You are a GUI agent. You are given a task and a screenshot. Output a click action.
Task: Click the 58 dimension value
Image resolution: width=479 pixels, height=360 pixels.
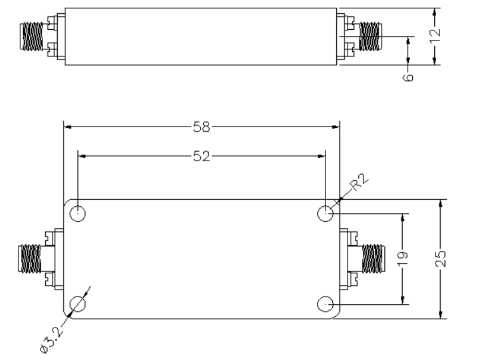pyautogui.click(x=202, y=127)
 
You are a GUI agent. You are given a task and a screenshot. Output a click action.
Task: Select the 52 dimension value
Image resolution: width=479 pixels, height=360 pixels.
pyautogui.click(x=202, y=156)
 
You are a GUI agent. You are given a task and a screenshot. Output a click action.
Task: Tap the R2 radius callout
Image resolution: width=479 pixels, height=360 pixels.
pyautogui.click(x=359, y=182)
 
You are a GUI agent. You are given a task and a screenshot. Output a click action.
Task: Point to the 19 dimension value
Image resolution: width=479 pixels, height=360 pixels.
pyautogui.click(x=403, y=259)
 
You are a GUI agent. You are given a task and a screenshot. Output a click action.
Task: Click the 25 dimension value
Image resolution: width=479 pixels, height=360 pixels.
pyautogui.click(x=441, y=259)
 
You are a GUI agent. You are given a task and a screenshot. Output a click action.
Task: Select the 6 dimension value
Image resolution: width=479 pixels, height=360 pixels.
pyautogui.click(x=408, y=77)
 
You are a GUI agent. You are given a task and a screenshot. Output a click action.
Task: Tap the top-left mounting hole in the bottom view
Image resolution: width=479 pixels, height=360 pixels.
pyautogui.click(x=78, y=214)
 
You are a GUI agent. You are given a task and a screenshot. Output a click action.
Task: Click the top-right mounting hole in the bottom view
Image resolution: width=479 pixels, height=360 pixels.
pyautogui.click(x=325, y=214)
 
